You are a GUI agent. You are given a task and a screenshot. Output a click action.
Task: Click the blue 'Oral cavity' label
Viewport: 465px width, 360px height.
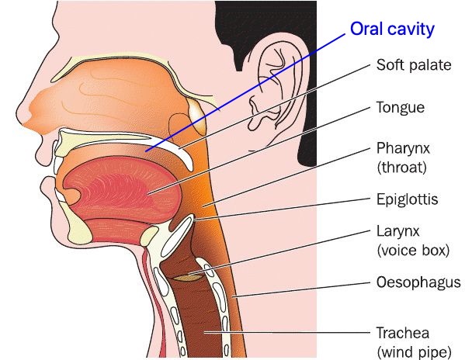pos(392,29)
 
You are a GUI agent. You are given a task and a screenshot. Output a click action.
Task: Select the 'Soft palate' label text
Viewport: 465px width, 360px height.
pos(414,65)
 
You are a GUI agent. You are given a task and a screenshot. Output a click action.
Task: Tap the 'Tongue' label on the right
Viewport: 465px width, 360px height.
pos(401,108)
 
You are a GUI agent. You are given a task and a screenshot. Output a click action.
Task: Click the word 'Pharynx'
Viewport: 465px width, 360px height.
pos(403,148)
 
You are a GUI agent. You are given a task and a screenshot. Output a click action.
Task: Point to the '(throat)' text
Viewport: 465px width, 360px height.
pos(402,168)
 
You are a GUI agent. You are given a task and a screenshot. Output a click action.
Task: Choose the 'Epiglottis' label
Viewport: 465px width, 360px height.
pos(408,199)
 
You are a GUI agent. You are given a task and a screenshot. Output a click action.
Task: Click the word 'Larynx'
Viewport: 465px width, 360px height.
pos(397,231)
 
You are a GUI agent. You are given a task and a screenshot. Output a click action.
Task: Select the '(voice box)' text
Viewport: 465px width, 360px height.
pos(414,251)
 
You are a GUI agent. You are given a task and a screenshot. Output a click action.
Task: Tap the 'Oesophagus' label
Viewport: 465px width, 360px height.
pos(418,282)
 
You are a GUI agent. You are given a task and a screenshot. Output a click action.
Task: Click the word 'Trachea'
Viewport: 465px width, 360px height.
pos(403,333)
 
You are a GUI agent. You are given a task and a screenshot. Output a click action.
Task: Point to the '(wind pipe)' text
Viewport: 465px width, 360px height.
pos(415,352)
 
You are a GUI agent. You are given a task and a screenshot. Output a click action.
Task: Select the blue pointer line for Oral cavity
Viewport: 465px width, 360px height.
pos(245,93)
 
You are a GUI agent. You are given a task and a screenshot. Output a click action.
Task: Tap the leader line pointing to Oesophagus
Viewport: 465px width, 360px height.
pos(301,289)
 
